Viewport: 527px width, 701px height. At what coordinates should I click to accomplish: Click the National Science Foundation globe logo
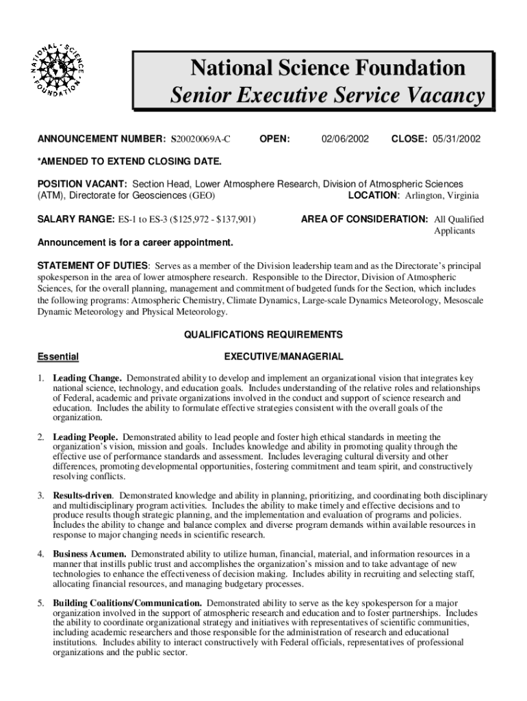click(57, 71)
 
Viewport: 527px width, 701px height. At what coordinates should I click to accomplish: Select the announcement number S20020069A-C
click(201, 140)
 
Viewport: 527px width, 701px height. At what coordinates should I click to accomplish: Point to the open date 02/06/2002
click(346, 140)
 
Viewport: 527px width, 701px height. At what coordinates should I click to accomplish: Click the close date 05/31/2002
click(456, 140)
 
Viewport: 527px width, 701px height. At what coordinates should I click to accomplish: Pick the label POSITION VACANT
click(81, 184)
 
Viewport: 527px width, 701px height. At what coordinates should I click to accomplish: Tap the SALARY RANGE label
click(75, 220)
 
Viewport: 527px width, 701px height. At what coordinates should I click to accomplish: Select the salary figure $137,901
click(233, 220)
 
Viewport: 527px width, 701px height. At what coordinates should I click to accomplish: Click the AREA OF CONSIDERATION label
click(365, 220)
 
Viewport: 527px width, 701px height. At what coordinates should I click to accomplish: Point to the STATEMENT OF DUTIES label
click(92, 266)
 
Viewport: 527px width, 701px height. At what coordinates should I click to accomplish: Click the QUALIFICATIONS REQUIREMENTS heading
click(263, 335)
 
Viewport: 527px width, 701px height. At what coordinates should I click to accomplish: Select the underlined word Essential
click(57, 357)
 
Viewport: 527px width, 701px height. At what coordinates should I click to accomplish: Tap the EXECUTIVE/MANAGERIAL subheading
click(283, 357)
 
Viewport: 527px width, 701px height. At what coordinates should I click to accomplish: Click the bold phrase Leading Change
click(87, 378)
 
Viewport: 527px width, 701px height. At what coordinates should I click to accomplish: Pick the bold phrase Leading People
click(86, 437)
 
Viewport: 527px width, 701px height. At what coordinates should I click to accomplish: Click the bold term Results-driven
click(83, 495)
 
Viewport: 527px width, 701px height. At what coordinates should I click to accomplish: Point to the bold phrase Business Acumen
click(89, 553)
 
